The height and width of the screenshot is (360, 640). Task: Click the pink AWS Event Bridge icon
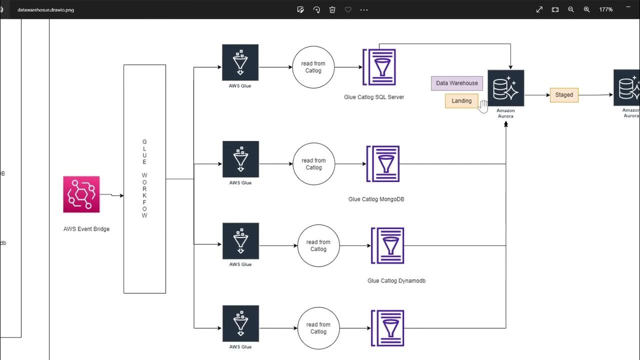[81, 194]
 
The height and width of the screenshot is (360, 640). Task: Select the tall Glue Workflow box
[144, 178]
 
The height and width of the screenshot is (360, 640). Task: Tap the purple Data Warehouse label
[456, 83]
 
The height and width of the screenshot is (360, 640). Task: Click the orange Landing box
[461, 101]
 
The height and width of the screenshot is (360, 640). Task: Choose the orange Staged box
[564, 95]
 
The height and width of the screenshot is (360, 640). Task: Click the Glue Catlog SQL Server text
[374, 97]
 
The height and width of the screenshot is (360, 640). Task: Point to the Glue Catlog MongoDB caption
[376, 199]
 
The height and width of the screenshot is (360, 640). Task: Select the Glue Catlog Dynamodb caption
[396, 281]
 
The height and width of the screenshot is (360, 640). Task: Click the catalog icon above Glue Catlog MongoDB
[383, 164]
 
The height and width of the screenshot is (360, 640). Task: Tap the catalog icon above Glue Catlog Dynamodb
[387, 245]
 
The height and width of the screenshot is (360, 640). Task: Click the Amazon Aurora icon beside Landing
[505, 88]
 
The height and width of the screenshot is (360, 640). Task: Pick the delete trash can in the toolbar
[332, 9]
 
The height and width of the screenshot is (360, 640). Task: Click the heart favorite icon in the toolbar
[348, 9]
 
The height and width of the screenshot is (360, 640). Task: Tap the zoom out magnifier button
[571, 9]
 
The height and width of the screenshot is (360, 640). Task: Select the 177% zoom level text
[606, 9]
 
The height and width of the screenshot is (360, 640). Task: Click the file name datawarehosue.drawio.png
[45, 9]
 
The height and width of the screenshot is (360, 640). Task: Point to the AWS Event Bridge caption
[86, 229]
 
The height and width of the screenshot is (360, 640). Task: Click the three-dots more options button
[364, 9]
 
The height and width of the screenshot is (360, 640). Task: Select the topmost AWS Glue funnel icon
[240, 62]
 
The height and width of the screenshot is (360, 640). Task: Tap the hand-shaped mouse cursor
[483, 105]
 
